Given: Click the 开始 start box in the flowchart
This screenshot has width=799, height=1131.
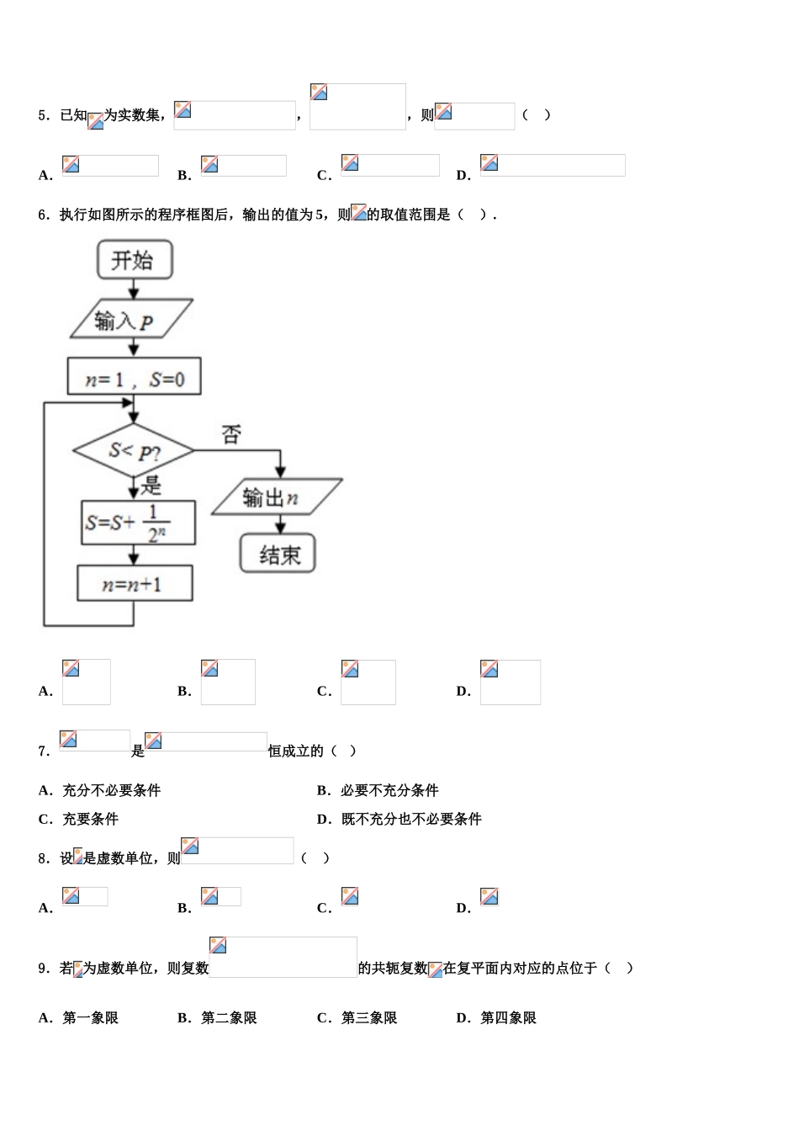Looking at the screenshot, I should pos(135,259).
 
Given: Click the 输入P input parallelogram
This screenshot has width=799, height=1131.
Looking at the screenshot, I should pos(131,319).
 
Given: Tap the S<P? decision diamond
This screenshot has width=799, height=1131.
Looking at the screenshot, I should pos(134,451).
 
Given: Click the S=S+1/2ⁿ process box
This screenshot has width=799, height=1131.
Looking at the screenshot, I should pos(138,523).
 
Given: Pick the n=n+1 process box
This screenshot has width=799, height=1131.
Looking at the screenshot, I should pos(135,583).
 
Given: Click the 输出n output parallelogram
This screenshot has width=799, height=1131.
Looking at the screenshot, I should pos(277,497).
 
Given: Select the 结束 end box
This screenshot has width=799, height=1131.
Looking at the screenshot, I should pos(278,554).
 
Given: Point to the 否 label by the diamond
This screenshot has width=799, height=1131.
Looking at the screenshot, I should pos(231,434).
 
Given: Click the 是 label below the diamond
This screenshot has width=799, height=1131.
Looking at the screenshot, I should pos(151,485).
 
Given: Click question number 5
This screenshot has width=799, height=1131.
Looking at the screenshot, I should pos(45,116).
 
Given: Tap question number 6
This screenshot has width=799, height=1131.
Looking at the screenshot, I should pos(45,215).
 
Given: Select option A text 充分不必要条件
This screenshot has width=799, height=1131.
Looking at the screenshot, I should pos(111,790).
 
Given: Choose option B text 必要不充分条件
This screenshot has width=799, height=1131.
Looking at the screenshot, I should pos(389,790).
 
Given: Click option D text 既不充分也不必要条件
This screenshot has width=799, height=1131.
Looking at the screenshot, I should pos(411,819).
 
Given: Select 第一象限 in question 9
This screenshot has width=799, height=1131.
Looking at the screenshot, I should pos(90,1017).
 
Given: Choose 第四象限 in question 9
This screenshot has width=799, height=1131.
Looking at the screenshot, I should pos(508,1017).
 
